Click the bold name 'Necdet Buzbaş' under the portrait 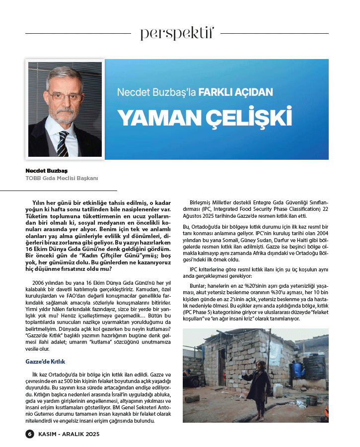click(x=46, y=171)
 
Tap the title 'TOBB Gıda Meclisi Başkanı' click(x=62, y=178)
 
